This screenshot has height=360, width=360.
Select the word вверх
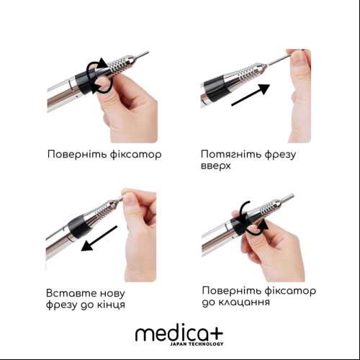coord(215,166)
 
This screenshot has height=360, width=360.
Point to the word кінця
coord(111,305)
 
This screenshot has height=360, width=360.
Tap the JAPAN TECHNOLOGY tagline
coord(197,344)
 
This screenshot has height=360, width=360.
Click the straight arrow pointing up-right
coord(251,95)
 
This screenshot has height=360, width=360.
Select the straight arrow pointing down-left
coord(99,238)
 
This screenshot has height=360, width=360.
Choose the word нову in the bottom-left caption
coord(112,293)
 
